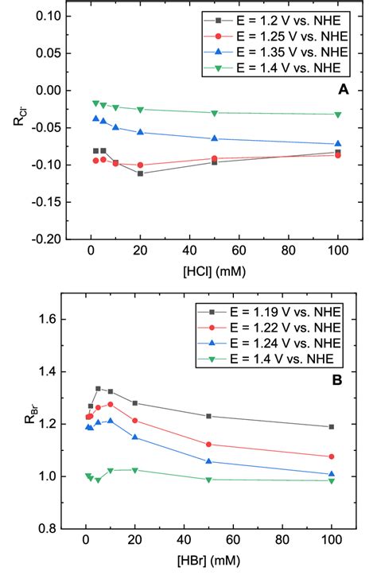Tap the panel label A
point(343,91)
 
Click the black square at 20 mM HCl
point(140,173)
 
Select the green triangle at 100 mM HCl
point(338,115)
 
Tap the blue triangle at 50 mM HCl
point(214,138)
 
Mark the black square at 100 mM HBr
point(331,427)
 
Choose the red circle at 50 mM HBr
point(208,445)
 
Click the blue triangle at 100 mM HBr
point(331,474)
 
